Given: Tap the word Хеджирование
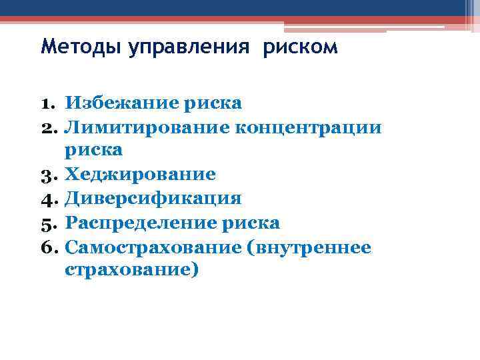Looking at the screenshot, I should click(140, 175).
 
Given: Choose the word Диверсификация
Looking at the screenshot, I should click(153, 199).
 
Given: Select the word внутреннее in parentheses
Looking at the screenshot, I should click(311, 247).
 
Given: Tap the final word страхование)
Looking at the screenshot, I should click(132, 271).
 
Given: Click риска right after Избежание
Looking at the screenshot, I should click(217, 103).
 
